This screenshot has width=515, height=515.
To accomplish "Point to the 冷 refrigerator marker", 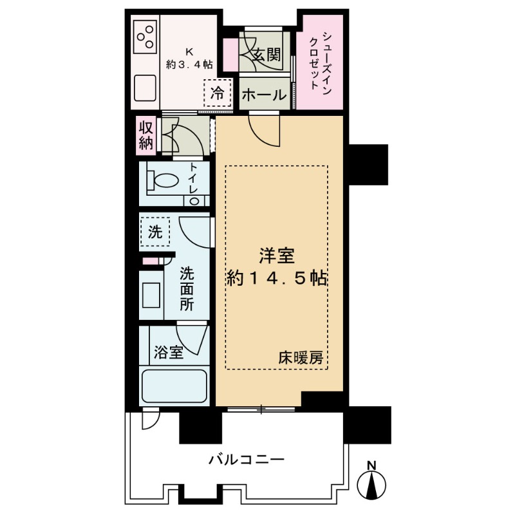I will click(x=218, y=91).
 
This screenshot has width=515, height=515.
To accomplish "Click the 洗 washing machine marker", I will click(x=155, y=232).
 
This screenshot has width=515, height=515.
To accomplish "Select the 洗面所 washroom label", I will click(x=186, y=288).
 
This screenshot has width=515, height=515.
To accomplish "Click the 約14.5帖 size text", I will click(x=277, y=278).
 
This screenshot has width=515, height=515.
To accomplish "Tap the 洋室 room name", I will click(x=277, y=256).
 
